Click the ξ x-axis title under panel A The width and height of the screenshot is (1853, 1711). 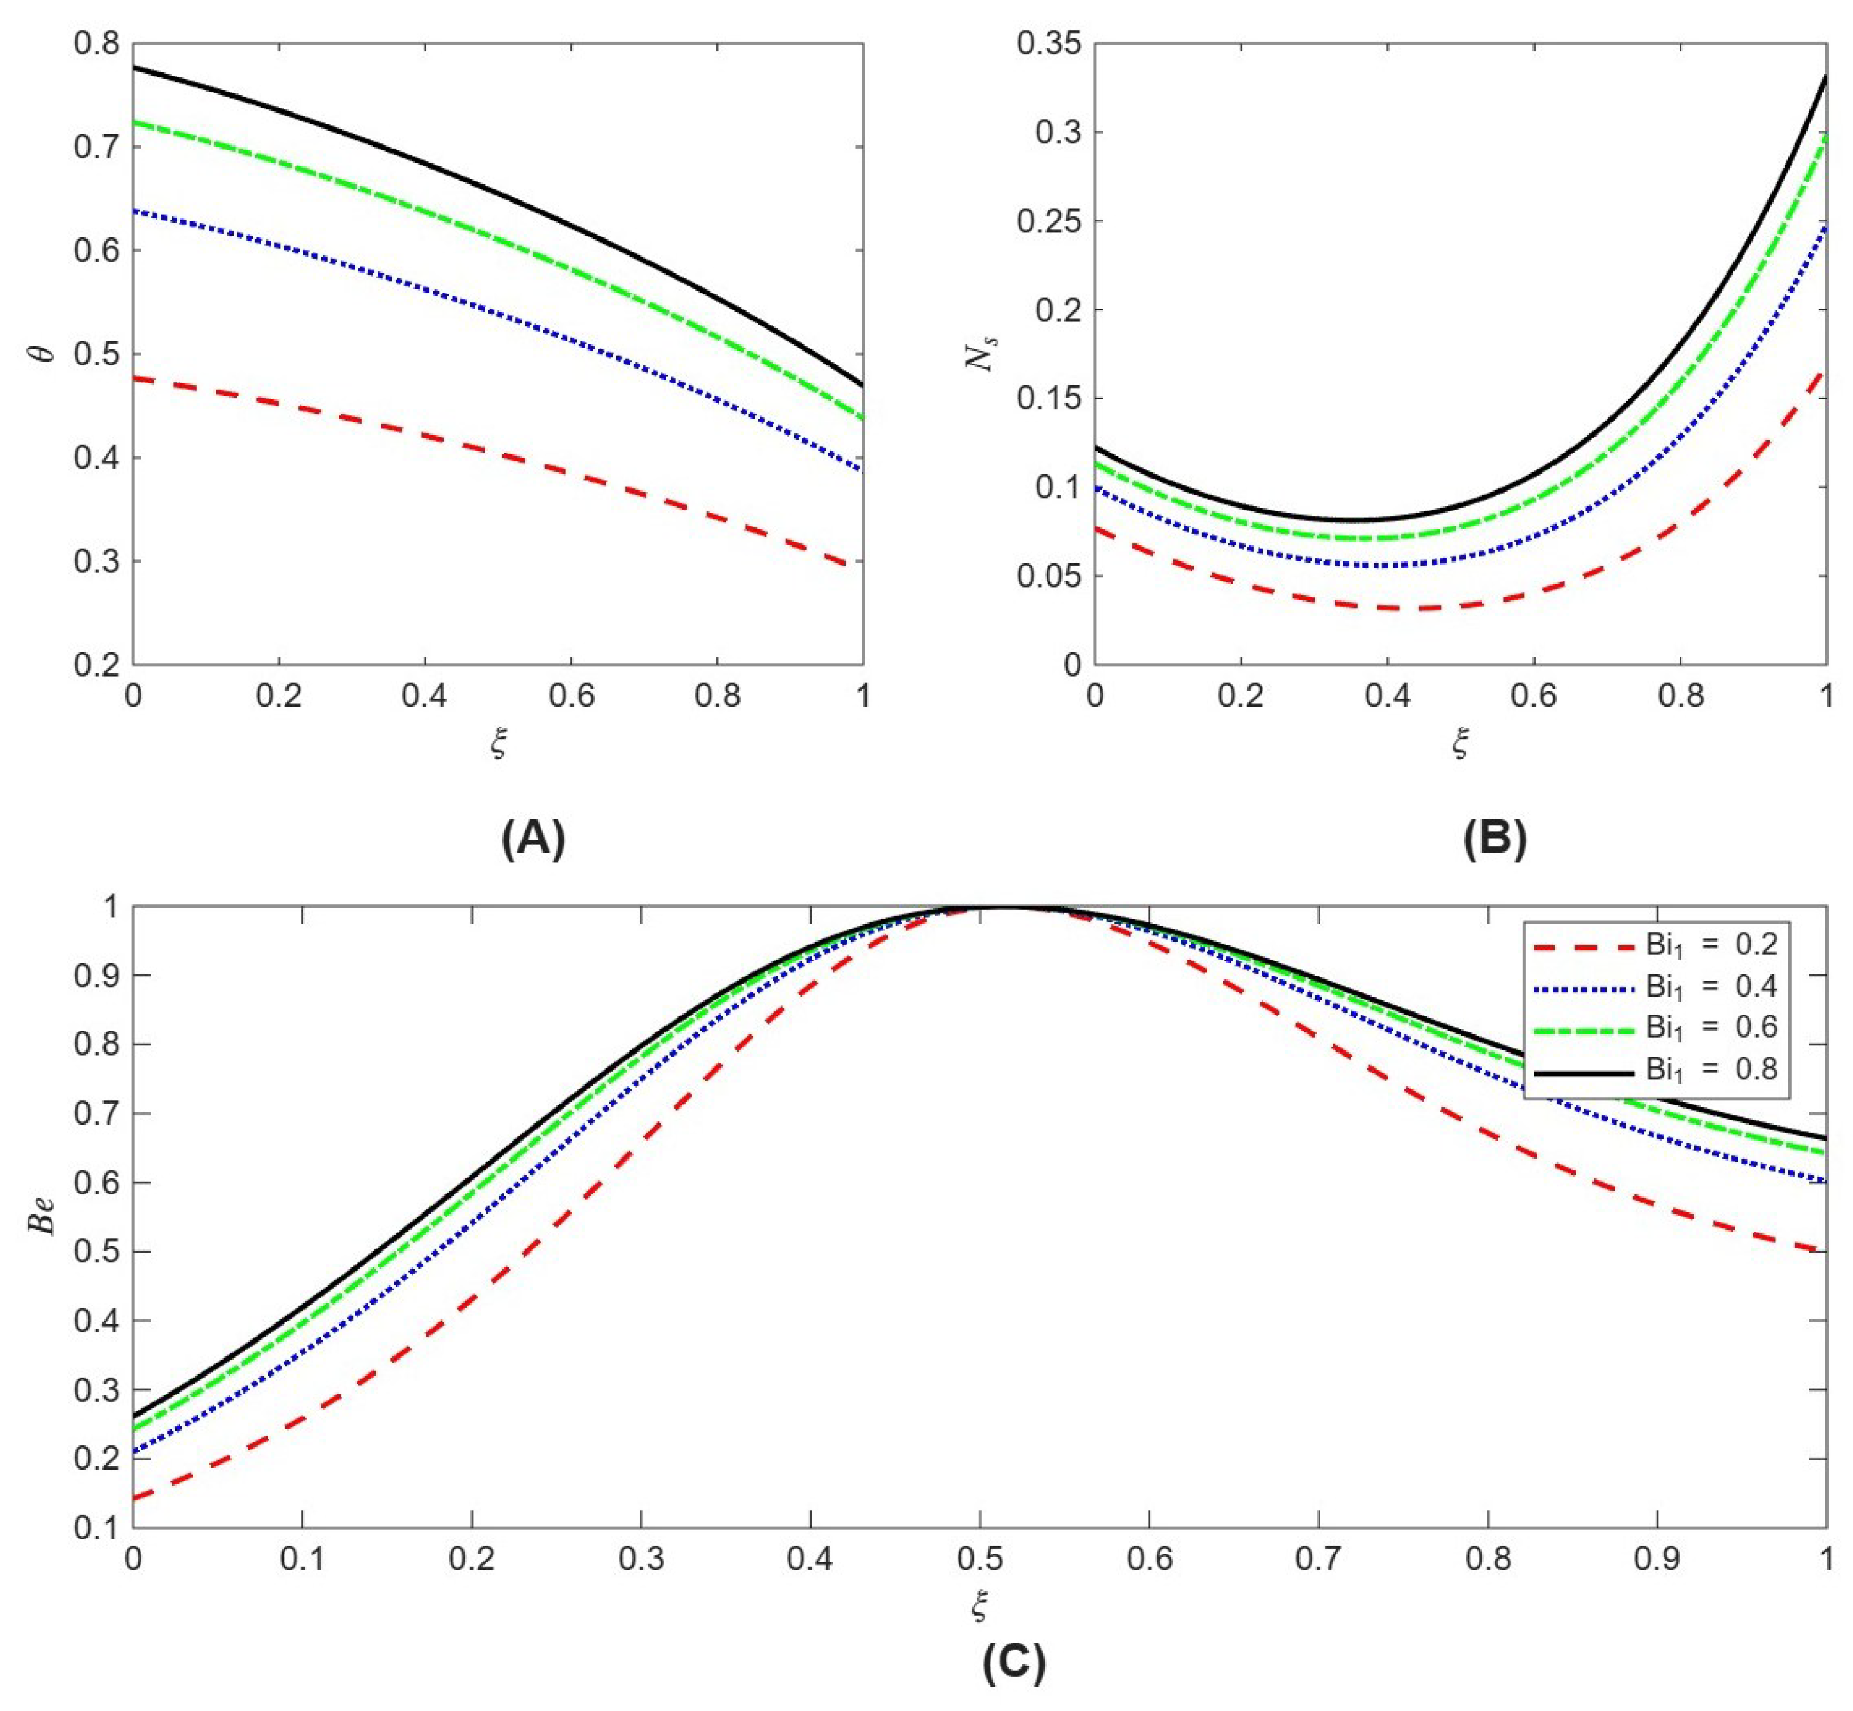point(499,743)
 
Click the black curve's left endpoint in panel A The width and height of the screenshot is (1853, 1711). point(135,68)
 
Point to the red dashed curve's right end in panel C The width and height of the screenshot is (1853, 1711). point(1824,1250)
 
